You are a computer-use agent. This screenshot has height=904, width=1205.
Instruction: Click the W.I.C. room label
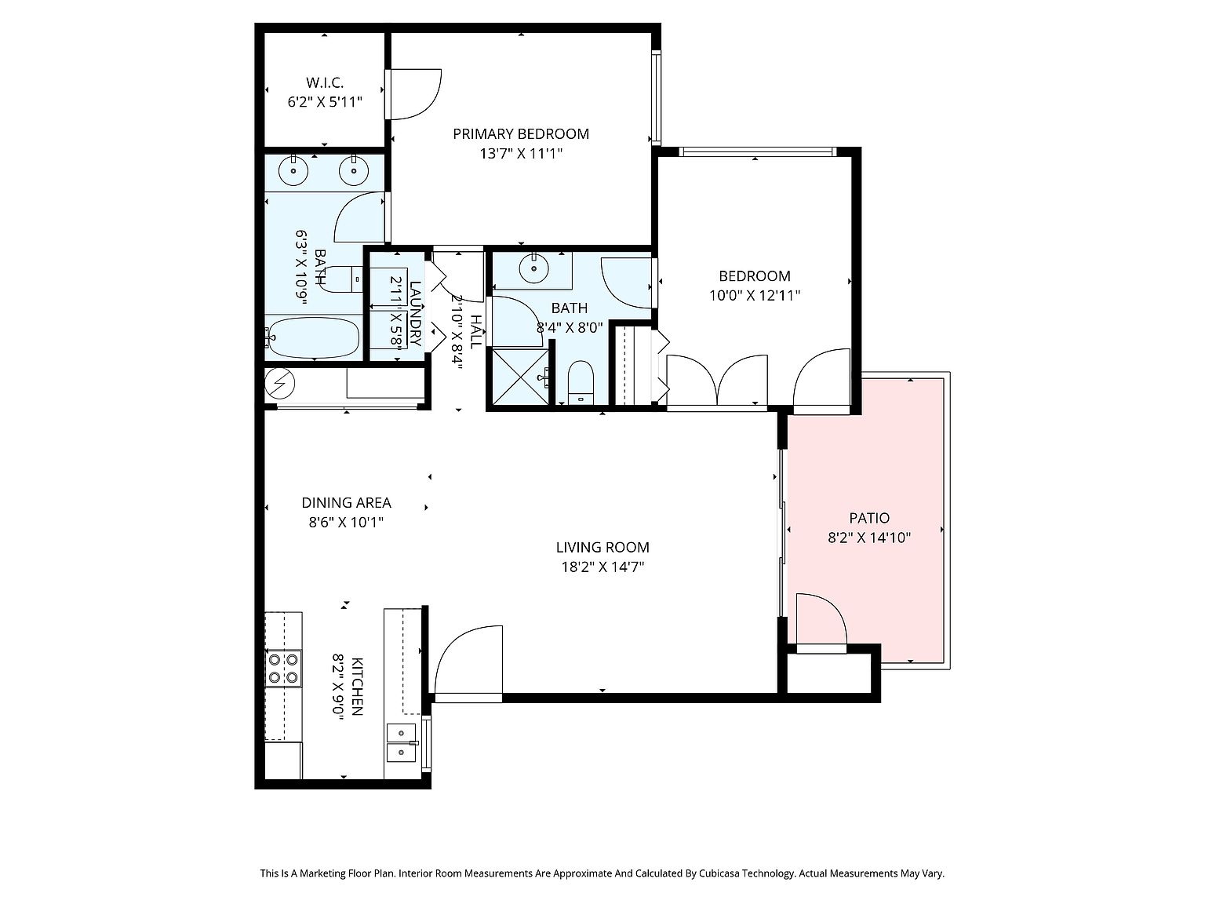click(x=325, y=83)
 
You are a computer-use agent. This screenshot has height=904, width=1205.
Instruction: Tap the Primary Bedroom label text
click(x=520, y=134)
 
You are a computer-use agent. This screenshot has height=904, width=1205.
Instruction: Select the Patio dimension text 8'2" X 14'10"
click(x=869, y=538)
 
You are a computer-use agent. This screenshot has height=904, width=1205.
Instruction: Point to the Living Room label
click(x=602, y=547)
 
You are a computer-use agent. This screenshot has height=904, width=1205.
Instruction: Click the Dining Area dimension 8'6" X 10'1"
click(x=346, y=522)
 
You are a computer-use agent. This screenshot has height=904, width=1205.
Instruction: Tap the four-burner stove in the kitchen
click(x=283, y=668)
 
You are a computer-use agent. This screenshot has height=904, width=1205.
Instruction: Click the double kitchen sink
click(x=402, y=742)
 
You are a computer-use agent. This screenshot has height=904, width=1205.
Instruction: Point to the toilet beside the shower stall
click(x=581, y=383)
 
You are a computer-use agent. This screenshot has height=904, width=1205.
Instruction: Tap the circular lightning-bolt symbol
click(x=280, y=383)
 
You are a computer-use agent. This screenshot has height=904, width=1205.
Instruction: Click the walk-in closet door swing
click(x=413, y=94)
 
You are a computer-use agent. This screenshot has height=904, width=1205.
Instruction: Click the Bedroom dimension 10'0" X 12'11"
click(x=754, y=296)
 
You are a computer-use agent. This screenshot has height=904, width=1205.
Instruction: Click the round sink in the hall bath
click(x=533, y=269)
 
